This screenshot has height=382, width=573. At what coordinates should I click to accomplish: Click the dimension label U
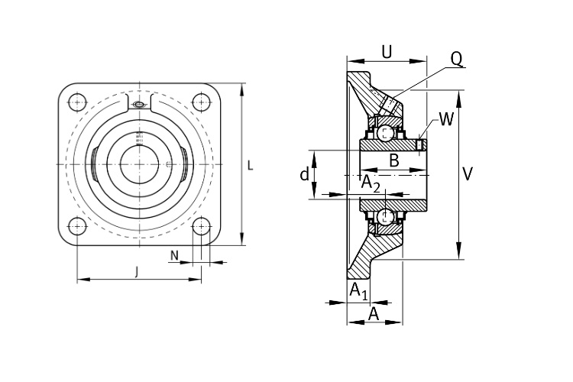(x=387, y=52)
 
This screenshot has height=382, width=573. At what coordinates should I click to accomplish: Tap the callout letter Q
(x=456, y=59)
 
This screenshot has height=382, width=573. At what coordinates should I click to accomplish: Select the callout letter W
(x=446, y=119)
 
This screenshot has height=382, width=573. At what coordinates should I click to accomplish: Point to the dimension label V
(x=468, y=174)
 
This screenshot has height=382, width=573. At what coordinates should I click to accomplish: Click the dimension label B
(x=394, y=160)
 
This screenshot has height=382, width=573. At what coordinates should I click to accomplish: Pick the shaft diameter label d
(x=304, y=174)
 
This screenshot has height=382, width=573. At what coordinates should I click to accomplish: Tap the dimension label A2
(x=371, y=183)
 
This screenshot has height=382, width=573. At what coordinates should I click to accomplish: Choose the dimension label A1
(x=358, y=291)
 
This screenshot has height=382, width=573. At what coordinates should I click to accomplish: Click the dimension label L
(x=251, y=166)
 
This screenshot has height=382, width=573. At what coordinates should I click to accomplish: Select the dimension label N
(x=175, y=255)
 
